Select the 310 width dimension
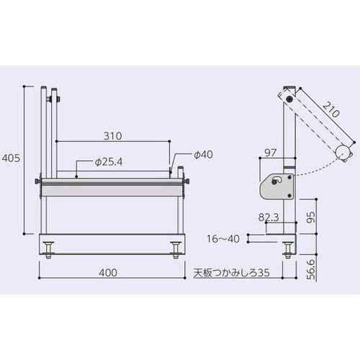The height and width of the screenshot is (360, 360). click(x=112, y=135)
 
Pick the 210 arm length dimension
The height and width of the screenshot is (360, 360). click(x=331, y=112)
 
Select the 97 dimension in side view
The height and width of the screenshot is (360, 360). click(x=271, y=153)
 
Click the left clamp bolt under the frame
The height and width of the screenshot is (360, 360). click(x=49, y=250)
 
